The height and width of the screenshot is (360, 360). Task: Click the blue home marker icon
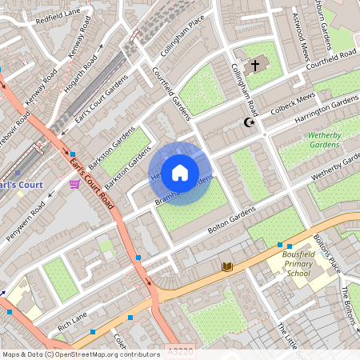pyautogui.click(x=180, y=173)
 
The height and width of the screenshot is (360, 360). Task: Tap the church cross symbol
pyautogui.click(x=256, y=65)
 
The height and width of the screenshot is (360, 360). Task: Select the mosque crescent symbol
pyautogui.click(x=247, y=122)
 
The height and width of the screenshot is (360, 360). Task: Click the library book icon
pyautogui.click(x=227, y=266)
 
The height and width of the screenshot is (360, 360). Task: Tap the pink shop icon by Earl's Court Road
pyautogui.click(x=74, y=184)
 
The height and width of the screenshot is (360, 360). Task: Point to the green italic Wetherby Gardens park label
pyautogui.click(x=325, y=141)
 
